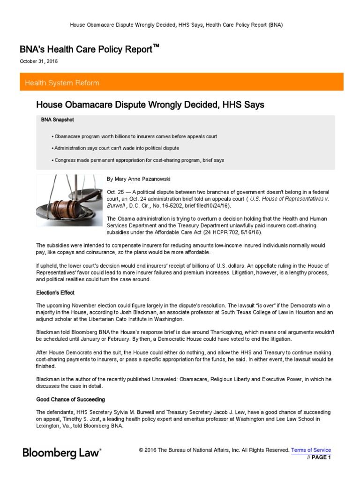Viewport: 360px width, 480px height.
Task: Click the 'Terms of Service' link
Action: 311,450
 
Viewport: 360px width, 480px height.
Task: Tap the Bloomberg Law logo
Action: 62,452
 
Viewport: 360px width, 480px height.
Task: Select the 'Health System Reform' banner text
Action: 62,83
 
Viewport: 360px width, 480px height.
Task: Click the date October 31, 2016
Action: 39,61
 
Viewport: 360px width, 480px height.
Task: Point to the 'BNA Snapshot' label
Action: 57,120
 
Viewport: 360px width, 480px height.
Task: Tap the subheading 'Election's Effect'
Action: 55,292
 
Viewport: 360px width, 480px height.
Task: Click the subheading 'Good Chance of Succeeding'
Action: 70,399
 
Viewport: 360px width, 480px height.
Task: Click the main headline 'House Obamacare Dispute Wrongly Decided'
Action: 150,105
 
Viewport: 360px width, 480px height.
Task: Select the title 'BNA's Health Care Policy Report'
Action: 86,49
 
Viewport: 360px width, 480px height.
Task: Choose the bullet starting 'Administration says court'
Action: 116,148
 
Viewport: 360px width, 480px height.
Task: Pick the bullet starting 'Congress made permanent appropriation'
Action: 139,160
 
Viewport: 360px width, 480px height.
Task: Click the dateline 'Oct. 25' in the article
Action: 115,193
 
